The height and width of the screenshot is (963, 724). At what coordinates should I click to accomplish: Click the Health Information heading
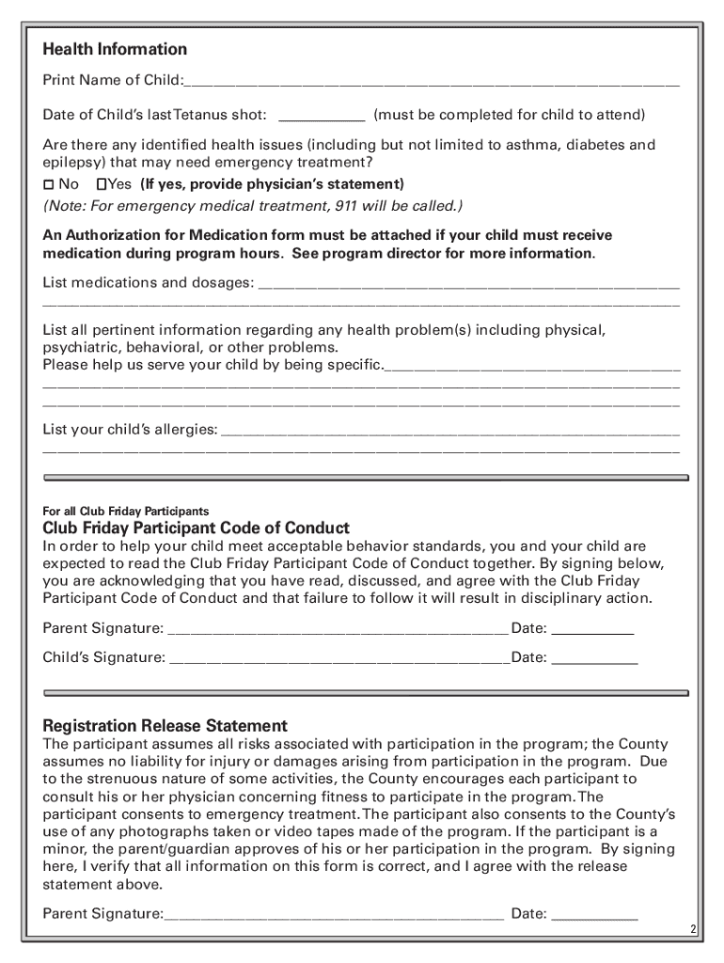click(115, 49)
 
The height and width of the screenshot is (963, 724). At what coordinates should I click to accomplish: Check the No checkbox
click(49, 184)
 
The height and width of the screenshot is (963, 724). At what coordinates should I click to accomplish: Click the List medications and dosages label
click(148, 282)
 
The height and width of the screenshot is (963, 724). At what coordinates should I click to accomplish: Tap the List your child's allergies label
click(130, 430)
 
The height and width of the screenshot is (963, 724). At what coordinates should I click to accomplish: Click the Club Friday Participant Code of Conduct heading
click(196, 528)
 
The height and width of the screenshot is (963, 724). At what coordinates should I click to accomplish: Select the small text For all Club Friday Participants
click(125, 511)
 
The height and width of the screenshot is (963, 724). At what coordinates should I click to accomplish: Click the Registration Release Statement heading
click(165, 726)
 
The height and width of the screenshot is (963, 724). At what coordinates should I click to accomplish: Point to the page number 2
click(692, 930)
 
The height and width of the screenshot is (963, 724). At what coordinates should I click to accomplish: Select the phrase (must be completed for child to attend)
click(509, 115)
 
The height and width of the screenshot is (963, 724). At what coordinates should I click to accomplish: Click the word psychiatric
click(80, 347)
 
